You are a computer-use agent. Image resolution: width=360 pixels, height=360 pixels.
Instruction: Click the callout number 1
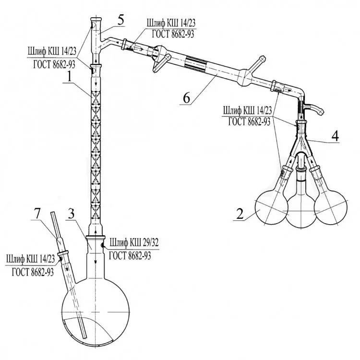click(x=69, y=77)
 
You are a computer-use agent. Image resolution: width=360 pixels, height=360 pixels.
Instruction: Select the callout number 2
click(x=240, y=214)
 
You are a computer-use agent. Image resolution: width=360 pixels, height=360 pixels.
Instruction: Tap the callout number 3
click(x=72, y=214)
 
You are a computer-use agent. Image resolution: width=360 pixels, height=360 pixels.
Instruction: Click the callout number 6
click(x=186, y=98)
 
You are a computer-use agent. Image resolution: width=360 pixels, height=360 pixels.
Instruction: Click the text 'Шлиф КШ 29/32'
click(x=134, y=243)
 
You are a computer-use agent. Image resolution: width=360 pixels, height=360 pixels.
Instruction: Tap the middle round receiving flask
click(x=301, y=211)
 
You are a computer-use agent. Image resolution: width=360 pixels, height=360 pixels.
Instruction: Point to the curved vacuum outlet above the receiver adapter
click(x=314, y=108)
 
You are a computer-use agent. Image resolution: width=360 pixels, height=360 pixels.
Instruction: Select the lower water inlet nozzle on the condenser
click(x=161, y=63)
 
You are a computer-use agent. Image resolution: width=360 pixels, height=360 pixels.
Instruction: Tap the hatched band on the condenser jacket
click(x=196, y=62)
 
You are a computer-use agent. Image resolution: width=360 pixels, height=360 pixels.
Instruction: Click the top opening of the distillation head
click(x=96, y=19)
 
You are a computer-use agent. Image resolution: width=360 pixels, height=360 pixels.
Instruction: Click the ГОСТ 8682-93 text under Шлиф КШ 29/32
click(x=130, y=255)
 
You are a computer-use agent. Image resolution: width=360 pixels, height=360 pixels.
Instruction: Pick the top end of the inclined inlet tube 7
click(x=52, y=213)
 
